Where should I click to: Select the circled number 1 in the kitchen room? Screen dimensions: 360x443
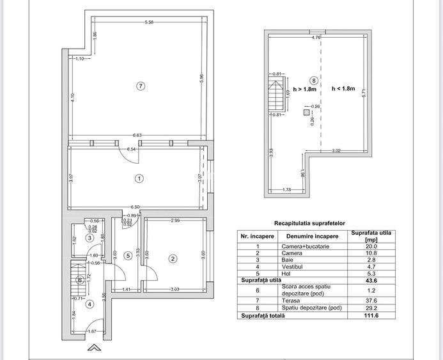point(139,179)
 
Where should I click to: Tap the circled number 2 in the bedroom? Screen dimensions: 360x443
point(173,258)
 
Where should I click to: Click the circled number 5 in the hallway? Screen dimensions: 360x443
point(128,256)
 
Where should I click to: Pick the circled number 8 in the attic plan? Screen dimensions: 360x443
point(313,81)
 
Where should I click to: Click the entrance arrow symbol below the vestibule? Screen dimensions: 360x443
point(94,348)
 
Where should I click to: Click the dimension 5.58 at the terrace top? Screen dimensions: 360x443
point(149,23)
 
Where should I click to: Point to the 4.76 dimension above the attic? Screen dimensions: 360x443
point(316,38)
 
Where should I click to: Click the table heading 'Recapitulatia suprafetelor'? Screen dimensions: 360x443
point(309,223)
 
